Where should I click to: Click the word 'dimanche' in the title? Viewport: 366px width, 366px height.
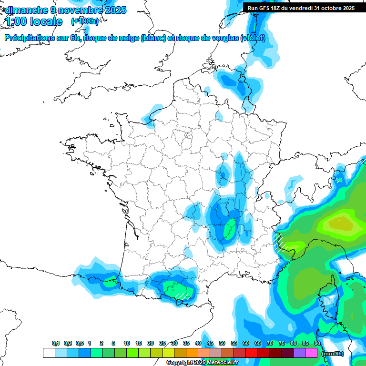25,10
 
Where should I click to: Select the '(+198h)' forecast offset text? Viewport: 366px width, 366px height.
85,21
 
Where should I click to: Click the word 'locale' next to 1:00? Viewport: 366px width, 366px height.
46,21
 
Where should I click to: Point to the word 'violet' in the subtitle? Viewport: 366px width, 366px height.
253,38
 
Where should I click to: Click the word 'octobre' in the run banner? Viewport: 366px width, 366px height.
328,8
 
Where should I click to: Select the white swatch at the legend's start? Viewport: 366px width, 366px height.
49,353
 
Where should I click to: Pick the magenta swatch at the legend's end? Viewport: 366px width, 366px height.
311,353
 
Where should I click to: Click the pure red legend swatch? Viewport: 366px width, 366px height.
252,353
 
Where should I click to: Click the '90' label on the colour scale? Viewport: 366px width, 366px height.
317,344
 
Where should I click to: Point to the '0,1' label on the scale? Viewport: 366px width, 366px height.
55,344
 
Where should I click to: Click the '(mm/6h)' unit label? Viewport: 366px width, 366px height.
333,354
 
